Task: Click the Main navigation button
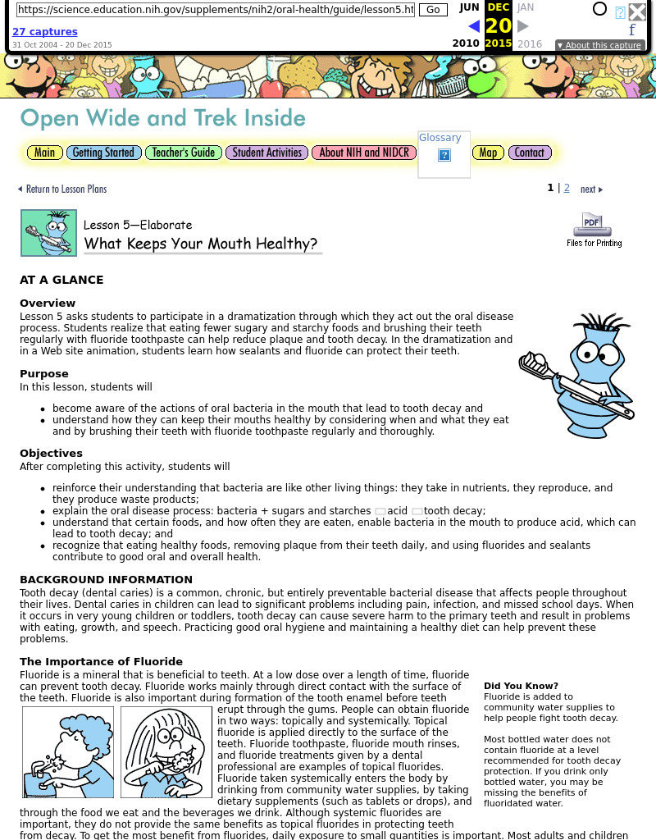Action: [x=44, y=153]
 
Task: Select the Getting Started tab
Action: [x=102, y=153]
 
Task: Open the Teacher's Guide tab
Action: [x=184, y=153]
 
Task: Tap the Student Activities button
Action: [x=266, y=153]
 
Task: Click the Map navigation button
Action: [x=488, y=153]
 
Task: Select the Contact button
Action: [x=529, y=153]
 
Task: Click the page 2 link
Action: [x=567, y=189]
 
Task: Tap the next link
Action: [x=590, y=189]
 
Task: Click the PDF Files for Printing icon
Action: [x=593, y=230]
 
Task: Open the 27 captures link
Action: [x=44, y=32]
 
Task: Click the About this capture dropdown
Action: [x=599, y=46]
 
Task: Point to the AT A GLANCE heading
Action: [x=61, y=280]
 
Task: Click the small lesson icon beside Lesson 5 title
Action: [x=48, y=233]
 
